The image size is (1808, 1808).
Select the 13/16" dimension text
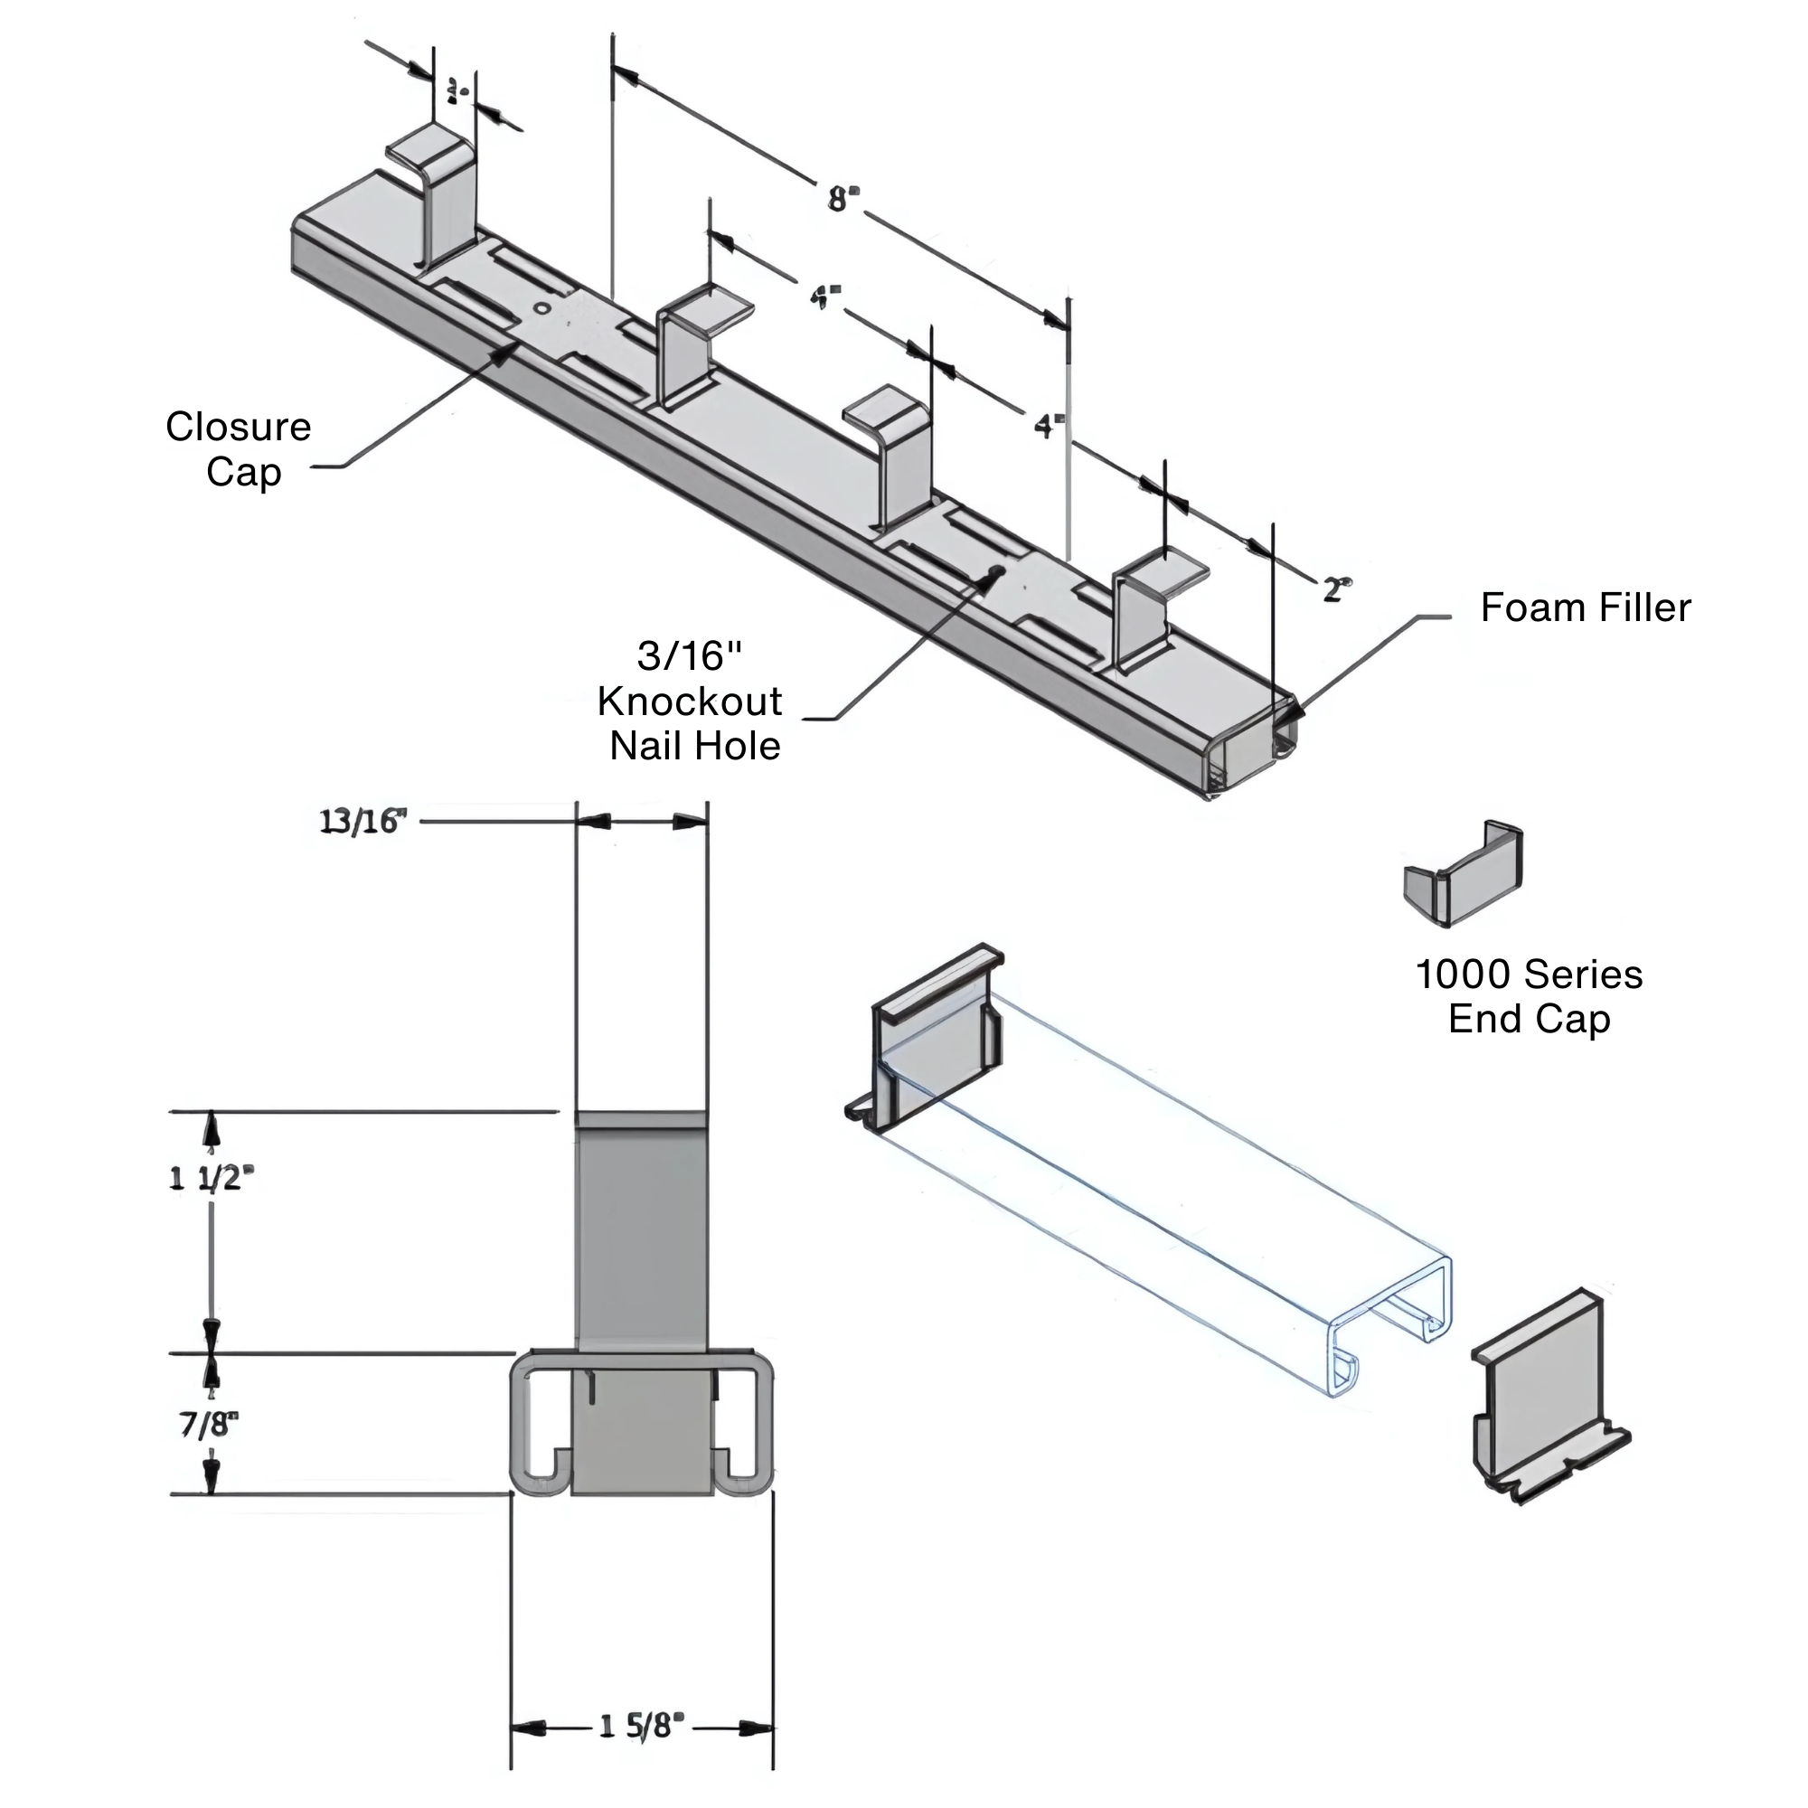click(363, 822)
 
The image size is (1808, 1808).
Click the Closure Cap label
click(239, 449)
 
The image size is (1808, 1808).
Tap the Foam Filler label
click(1586, 608)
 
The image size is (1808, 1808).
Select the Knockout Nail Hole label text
click(691, 701)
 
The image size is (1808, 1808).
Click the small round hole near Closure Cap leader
click(540, 308)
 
